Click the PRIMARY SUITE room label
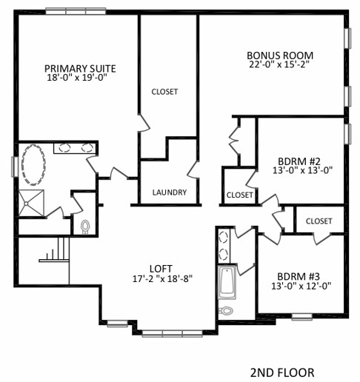click(x=80, y=69)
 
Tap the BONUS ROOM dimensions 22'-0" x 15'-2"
click(x=279, y=64)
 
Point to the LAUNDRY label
click(x=170, y=192)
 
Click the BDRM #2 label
click(x=299, y=161)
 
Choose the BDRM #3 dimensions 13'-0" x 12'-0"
click(x=301, y=286)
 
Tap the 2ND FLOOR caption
click(x=282, y=372)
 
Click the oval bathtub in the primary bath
click(x=34, y=165)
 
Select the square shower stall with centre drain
click(x=32, y=203)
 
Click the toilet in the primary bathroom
click(x=84, y=227)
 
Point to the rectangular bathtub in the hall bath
click(x=227, y=281)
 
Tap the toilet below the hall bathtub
click(x=226, y=310)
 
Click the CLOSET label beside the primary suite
click(x=164, y=92)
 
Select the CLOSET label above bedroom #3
click(x=319, y=221)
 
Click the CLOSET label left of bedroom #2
click(x=239, y=195)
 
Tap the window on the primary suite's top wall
click(x=76, y=11)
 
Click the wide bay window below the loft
click(x=173, y=334)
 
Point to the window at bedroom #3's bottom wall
click(x=301, y=317)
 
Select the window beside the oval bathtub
click(x=15, y=167)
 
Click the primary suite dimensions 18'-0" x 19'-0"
click(x=77, y=78)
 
